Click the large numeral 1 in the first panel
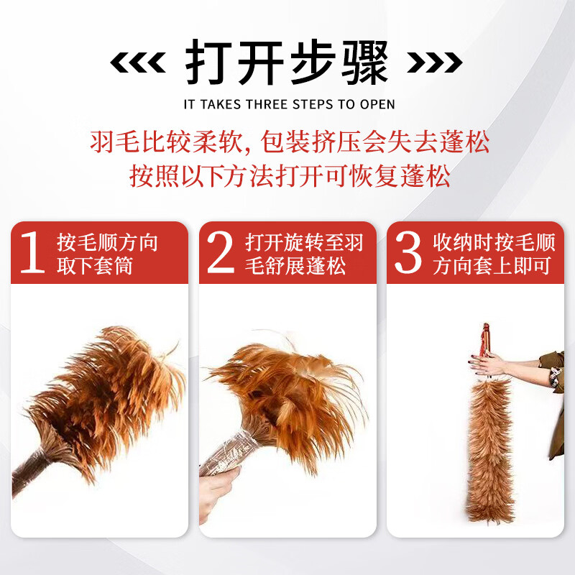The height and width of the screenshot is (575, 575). pyautogui.click(x=32, y=253)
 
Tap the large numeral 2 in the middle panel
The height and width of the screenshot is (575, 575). pyautogui.click(x=221, y=253)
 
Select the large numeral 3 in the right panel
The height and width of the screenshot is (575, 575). pyautogui.click(x=408, y=253)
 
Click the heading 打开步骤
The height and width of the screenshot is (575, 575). pyautogui.click(x=287, y=63)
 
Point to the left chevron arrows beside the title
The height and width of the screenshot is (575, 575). pyautogui.click(x=137, y=64)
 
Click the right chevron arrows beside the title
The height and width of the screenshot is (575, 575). pyautogui.click(x=434, y=64)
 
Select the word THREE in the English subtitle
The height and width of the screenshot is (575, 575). pyautogui.click(x=266, y=104)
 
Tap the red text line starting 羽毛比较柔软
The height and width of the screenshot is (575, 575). pyautogui.click(x=289, y=142)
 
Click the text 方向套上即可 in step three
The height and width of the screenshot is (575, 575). pyautogui.click(x=492, y=267)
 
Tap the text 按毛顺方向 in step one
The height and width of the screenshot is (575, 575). pyautogui.click(x=107, y=242)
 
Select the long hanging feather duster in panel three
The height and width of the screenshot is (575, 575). pyautogui.click(x=492, y=446)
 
